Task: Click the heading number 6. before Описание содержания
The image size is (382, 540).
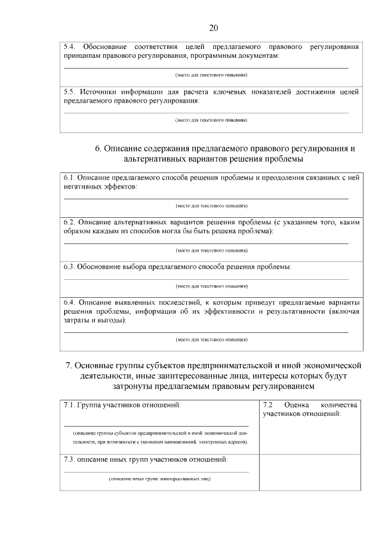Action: [x=98, y=149]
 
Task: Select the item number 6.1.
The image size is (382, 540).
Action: [x=69, y=178]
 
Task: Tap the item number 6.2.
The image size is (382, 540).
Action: [x=69, y=222]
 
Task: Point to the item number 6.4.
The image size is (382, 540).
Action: [x=69, y=302]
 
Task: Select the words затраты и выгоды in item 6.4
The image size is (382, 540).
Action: [x=95, y=320]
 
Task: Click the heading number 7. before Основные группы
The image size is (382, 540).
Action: [x=69, y=365]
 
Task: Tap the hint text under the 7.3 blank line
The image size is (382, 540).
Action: [x=159, y=479]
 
